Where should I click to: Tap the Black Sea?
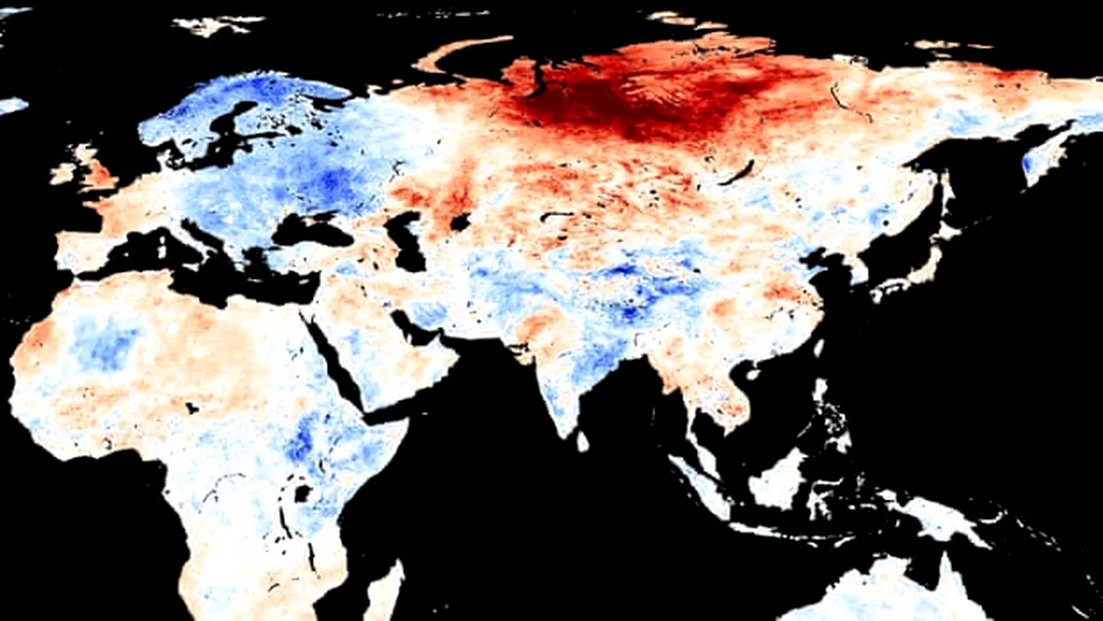tap(310, 230)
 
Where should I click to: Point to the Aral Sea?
tap(460, 222)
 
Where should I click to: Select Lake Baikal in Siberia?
tap(739, 172)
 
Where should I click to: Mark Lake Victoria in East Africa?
tap(302, 493)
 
